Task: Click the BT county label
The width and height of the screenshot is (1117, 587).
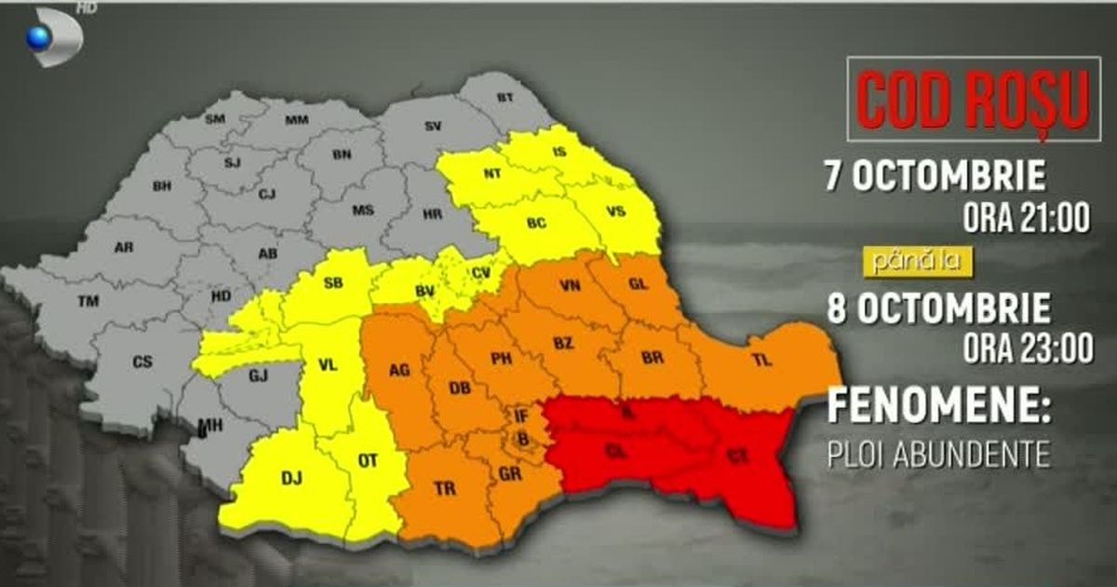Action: coord(505,97)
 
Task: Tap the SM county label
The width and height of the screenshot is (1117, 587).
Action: coord(215,118)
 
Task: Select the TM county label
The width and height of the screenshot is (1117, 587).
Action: coord(89,301)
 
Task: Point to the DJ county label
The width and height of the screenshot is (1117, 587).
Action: coord(291,478)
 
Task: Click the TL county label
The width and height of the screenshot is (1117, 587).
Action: coord(762,361)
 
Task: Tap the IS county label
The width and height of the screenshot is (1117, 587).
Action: coord(559,152)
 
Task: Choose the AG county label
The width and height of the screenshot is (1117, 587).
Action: coord(398,370)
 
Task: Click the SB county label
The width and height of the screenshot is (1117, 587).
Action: coord(333,283)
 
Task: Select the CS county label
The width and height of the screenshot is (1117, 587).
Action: coord(141,362)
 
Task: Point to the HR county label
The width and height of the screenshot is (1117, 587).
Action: coord(432,213)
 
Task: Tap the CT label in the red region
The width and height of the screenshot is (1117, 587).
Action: coord(737,456)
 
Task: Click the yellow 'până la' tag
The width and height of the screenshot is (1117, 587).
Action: coord(920,264)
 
